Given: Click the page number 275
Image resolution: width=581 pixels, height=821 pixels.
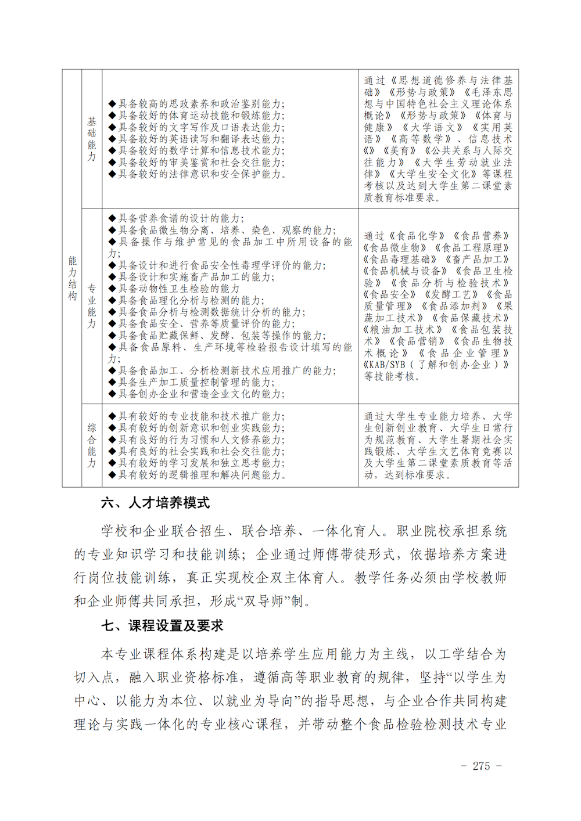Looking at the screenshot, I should pos(481,766).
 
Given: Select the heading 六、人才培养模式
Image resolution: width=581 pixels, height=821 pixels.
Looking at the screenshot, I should pos(155,503).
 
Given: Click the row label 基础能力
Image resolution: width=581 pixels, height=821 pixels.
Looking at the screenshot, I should pos(92,139).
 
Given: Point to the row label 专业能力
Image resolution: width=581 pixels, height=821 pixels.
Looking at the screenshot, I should pos(92,306).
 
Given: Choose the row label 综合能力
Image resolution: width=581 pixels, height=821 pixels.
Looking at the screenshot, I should pos(92,445).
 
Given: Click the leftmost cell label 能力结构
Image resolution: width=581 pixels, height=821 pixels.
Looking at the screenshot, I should pos(72,278).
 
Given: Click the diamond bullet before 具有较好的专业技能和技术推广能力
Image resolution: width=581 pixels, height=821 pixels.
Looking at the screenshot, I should pos(113,416).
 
